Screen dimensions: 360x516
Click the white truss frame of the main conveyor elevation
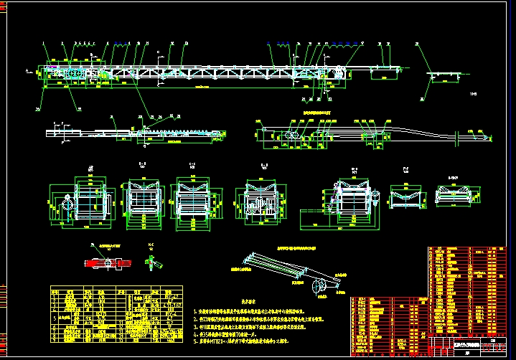(x=215, y=72)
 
